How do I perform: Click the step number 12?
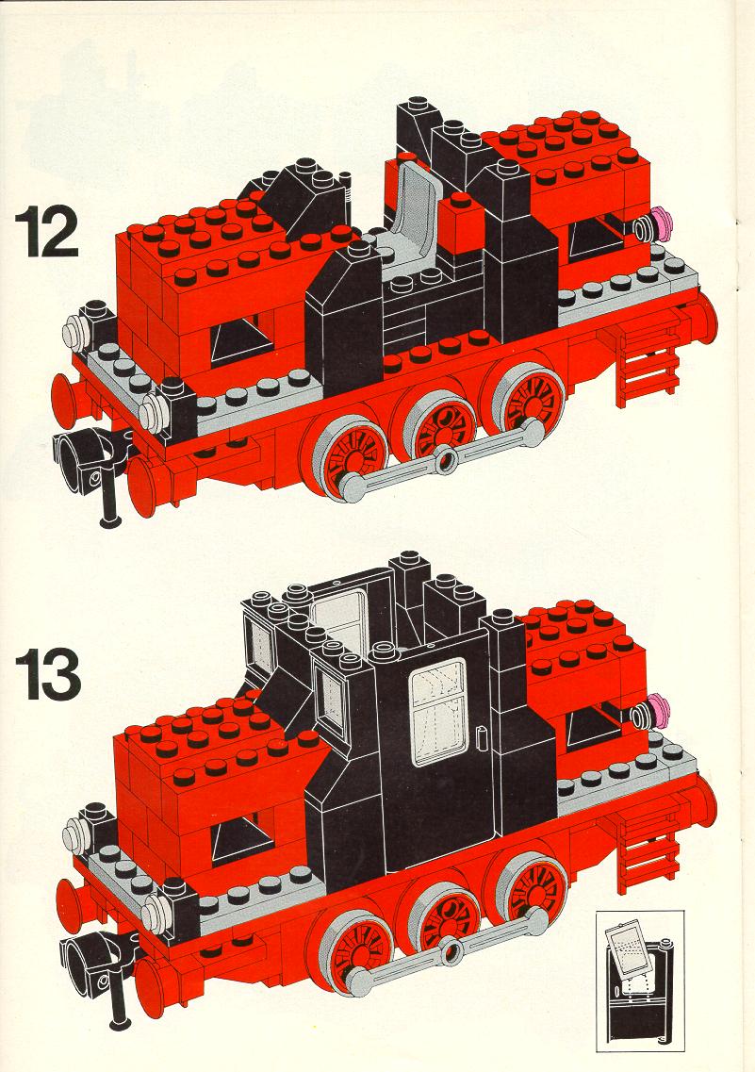46,232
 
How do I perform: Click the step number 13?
48,674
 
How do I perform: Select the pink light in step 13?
658,709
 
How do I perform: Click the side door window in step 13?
438,713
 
